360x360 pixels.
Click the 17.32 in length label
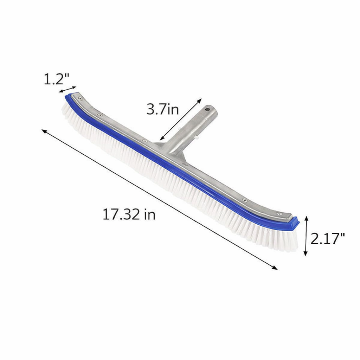[129, 214]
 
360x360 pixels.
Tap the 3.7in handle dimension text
[162, 110]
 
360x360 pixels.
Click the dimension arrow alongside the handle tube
[180, 119]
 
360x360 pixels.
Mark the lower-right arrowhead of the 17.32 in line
[276, 268]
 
